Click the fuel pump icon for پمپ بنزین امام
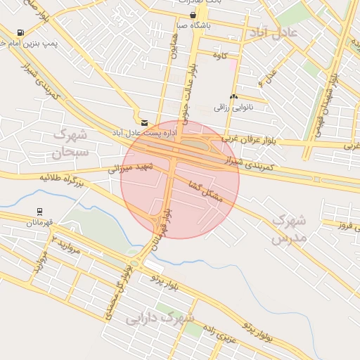click(x=20, y=32)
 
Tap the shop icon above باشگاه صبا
click(x=193, y=15)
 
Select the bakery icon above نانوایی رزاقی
click(x=233, y=96)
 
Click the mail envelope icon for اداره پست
click(x=144, y=122)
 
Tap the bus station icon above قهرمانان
click(x=40, y=211)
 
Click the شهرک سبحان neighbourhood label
click(x=70, y=141)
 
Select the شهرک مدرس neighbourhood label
click(x=289, y=229)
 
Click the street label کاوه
click(x=231, y=56)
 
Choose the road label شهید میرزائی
click(x=129, y=168)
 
